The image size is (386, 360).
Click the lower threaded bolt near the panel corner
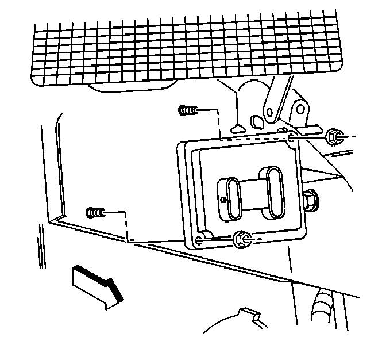[95, 213]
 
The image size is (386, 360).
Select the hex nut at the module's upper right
[333, 137]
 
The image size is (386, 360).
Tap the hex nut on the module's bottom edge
[242, 238]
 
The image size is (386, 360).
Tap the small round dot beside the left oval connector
[223, 200]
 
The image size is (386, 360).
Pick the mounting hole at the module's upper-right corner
[292, 138]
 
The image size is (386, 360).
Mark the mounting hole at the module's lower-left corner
[199, 239]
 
